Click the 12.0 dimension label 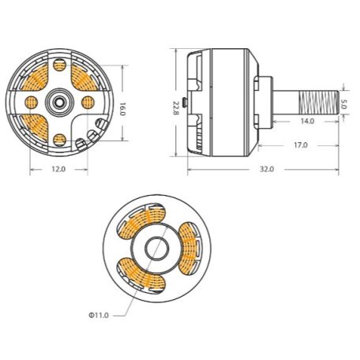click(58, 169)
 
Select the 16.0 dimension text click(122, 109)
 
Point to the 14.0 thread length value click(306, 121)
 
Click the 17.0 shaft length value click(301, 145)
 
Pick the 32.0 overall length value click(265, 168)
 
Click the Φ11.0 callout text click(99, 314)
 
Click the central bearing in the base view click(58, 101)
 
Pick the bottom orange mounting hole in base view click(58, 140)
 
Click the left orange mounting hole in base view click(32, 101)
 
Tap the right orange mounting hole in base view click(84, 101)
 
